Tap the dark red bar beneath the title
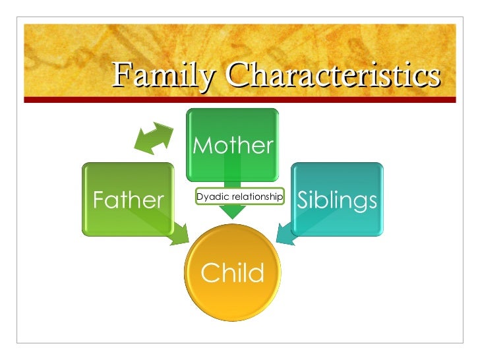pos(240,100)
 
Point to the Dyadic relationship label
pos(239,196)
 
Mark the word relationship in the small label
pos(255,196)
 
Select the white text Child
pos(232,272)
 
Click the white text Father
pos(128,200)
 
